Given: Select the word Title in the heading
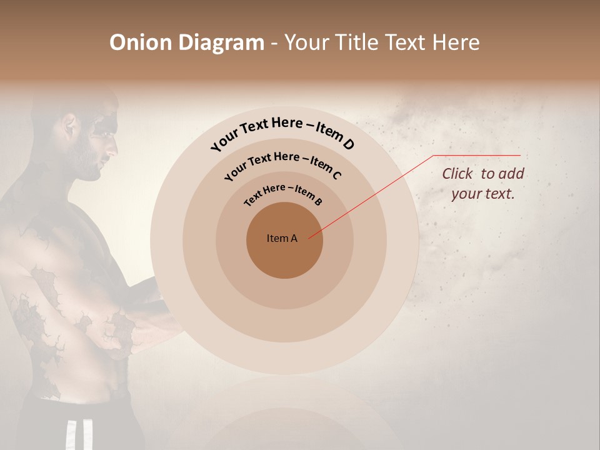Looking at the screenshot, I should [x=357, y=42].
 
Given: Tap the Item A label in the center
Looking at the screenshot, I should [x=282, y=238].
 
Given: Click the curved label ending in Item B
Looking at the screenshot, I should [x=283, y=193].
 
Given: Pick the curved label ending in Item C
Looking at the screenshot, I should [x=282, y=164].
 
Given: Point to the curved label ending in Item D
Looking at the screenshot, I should [x=282, y=132].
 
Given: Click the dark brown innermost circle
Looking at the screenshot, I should [x=284, y=256].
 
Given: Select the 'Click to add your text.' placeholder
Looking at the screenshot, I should [x=482, y=183].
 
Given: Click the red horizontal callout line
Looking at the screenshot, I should [x=477, y=155].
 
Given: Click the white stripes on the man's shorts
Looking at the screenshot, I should [x=71, y=435].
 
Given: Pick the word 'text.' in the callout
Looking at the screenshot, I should [x=499, y=193].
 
